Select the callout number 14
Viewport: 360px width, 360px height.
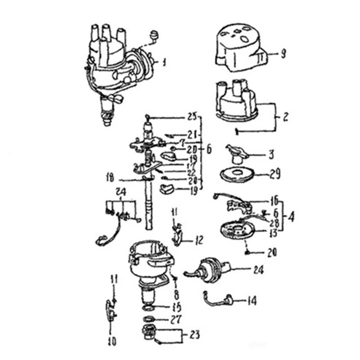(252, 300)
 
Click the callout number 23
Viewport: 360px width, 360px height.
(194, 335)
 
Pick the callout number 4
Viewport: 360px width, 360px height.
(292, 217)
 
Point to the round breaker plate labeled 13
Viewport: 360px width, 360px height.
(235, 232)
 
